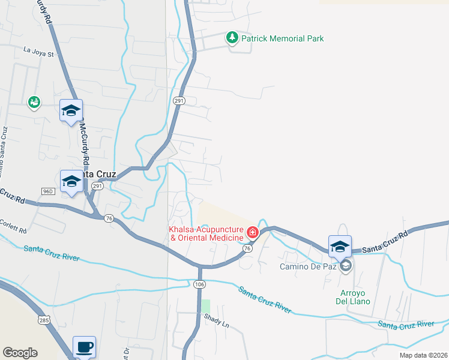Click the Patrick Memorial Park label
click(282, 39)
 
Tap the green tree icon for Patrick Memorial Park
click(232, 38)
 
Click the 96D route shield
click(49, 191)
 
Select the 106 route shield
click(200, 284)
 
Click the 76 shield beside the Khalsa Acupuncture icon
click(247, 247)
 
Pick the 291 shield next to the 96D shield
click(97, 187)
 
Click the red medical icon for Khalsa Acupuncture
click(253, 232)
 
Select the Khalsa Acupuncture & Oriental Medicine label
click(206, 234)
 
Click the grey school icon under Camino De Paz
click(345, 265)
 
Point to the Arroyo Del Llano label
click(352, 297)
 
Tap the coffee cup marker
click(84, 346)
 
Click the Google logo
click(20, 353)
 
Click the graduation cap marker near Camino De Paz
click(340, 246)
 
